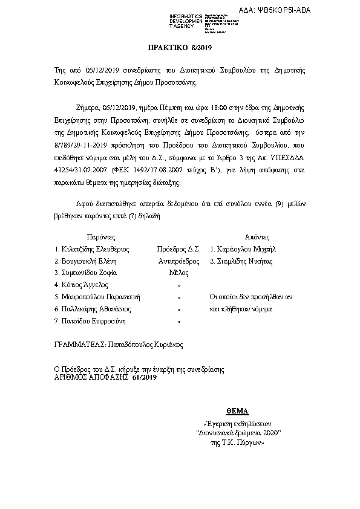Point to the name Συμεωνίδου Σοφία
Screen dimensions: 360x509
click(89, 273)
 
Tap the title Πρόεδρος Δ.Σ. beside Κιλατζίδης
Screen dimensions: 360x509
click(178, 248)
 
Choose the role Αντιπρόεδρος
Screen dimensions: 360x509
click(179, 261)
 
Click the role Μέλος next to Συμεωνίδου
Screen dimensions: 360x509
click(178, 273)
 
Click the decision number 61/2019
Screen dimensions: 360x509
click(144, 377)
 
